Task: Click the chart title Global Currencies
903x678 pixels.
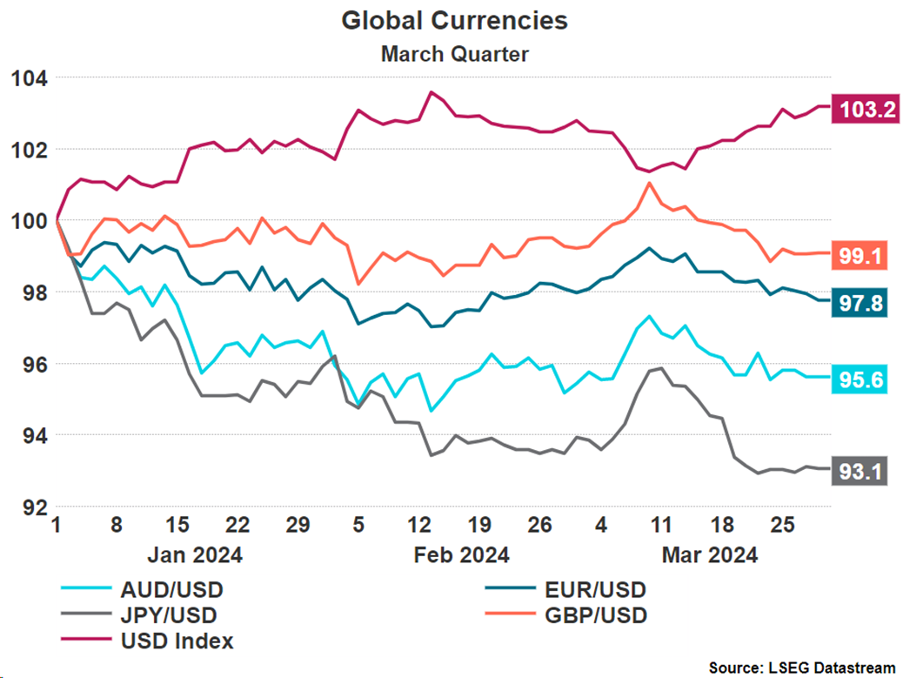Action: pyautogui.click(x=454, y=21)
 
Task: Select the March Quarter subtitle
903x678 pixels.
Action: pyautogui.click(x=454, y=54)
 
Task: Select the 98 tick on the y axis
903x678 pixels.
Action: pyautogui.click(x=31, y=292)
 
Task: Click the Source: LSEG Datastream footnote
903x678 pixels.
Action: pyautogui.click(x=800, y=668)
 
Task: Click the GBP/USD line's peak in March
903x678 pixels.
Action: pyautogui.click(x=649, y=183)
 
